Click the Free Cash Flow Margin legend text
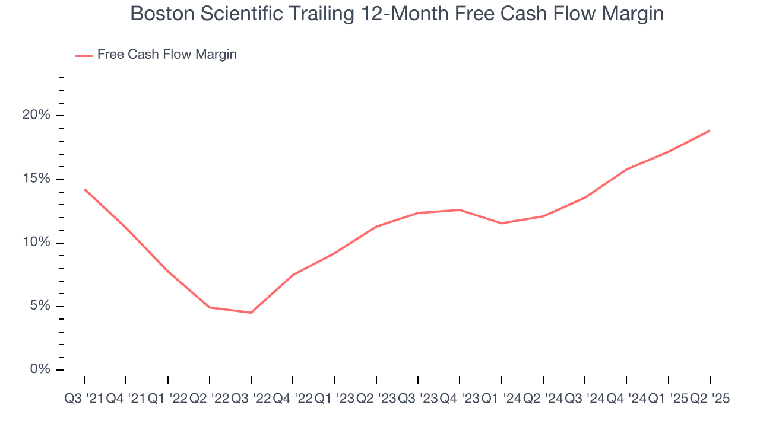tap(167, 55)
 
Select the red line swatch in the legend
tap(83, 55)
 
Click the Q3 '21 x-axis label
tap(84, 399)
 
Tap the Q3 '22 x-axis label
tap(251, 399)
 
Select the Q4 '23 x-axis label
tap(459, 399)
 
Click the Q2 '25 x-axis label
tap(710, 399)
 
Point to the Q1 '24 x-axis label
tap(501, 399)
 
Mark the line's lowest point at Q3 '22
tap(251, 313)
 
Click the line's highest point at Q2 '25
tap(710, 130)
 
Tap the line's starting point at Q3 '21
tap(84, 189)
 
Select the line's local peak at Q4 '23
tap(460, 209)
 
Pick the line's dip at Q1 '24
tap(502, 223)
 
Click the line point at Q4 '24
tap(626, 169)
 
